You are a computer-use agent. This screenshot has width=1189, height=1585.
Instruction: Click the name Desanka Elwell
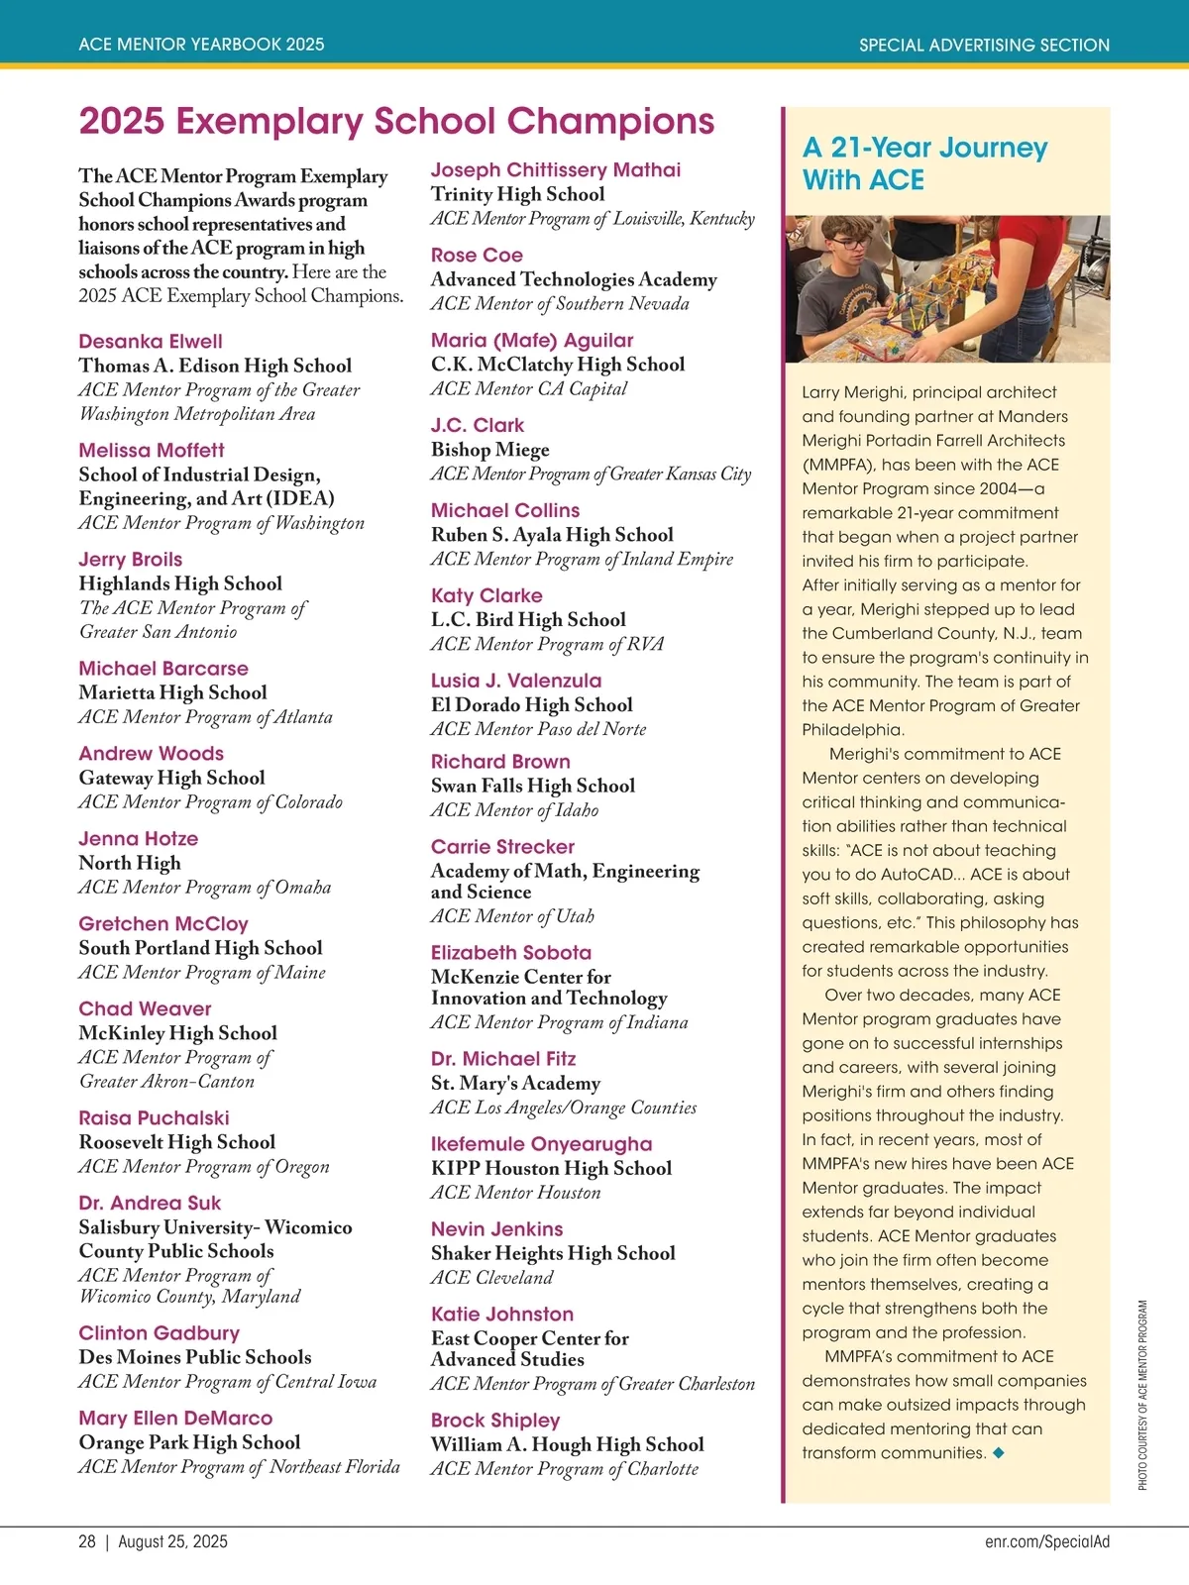pyautogui.click(x=151, y=342)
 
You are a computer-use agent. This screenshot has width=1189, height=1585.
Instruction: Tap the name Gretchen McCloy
pyautogui.click(x=163, y=924)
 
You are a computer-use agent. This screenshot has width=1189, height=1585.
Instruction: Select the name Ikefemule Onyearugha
pyautogui.click(x=541, y=1144)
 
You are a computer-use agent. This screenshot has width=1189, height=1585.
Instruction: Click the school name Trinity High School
pyautogui.click(x=517, y=195)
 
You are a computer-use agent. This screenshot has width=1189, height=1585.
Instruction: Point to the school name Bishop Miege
pyautogui.click(x=489, y=450)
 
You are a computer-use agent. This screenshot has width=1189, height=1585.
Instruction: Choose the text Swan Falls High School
pyautogui.click(x=533, y=787)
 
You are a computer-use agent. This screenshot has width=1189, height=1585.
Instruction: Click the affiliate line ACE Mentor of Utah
pyautogui.click(x=512, y=916)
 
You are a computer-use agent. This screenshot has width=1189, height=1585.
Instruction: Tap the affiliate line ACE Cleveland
pyautogui.click(x=491, y=1278)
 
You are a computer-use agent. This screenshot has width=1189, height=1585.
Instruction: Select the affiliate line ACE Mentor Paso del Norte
pyautogui.click(x=538, y=729)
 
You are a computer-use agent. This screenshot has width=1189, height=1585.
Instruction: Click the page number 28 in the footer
pyautogui.click(x=87, y=1541)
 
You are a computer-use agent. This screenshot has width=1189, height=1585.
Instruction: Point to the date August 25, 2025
pyautogui.click(x=172, y=1541)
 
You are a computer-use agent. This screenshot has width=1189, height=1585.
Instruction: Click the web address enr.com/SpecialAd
pyautogui.click(x=1047, y=1541)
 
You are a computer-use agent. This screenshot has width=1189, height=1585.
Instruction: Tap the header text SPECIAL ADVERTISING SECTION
pyautogui.click(x=984, y=45)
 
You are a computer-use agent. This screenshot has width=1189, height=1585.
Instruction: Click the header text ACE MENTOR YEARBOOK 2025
pyautogui.click(x=201, y=45)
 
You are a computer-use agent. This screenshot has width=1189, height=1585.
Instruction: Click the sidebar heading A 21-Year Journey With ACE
pyautogui.click(x=923, y=163)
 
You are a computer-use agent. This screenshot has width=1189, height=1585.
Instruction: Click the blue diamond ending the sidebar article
pyautogui.click(x=999, y=1453)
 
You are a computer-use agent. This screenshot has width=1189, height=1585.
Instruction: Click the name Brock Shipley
pyautogui.click(x=495, y=1421)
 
